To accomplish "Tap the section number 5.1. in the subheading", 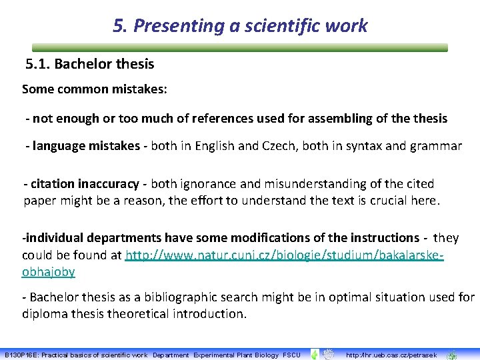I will click(37, 65).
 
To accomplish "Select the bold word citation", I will click(53, 183).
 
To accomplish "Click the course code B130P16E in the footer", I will click(22, 355).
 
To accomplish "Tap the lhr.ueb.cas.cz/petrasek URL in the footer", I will click(383, 355).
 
